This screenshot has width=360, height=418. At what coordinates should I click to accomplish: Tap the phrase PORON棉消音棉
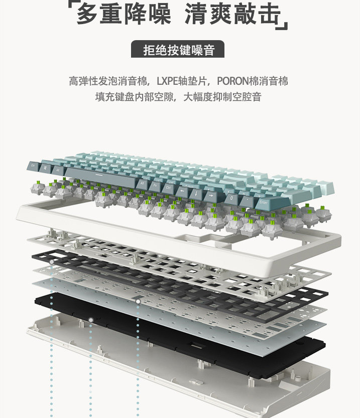coord(253,81)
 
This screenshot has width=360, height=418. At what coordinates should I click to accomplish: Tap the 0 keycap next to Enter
coord(231,197)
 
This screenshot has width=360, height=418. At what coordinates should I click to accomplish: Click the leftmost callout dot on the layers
coord(51,262)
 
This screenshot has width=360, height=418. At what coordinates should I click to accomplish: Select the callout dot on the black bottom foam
coord(91,320)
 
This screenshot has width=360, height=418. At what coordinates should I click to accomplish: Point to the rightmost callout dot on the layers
coord(138,302)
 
